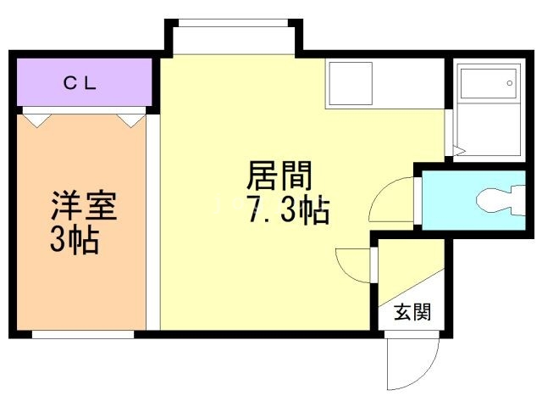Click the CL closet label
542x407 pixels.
80,83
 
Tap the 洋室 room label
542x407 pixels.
84,205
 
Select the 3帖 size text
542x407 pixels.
75,240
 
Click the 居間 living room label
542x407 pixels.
279,176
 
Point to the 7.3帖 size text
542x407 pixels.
288,209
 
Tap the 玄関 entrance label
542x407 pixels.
412,312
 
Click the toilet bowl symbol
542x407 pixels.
501,201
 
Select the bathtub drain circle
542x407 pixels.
510,83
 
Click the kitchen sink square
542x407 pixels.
351,83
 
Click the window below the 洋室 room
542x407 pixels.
83,334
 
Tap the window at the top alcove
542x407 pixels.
233,23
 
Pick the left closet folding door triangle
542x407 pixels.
37,120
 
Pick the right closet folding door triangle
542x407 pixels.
131,120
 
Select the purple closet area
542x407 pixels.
85,82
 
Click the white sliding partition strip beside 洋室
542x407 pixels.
152,222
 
